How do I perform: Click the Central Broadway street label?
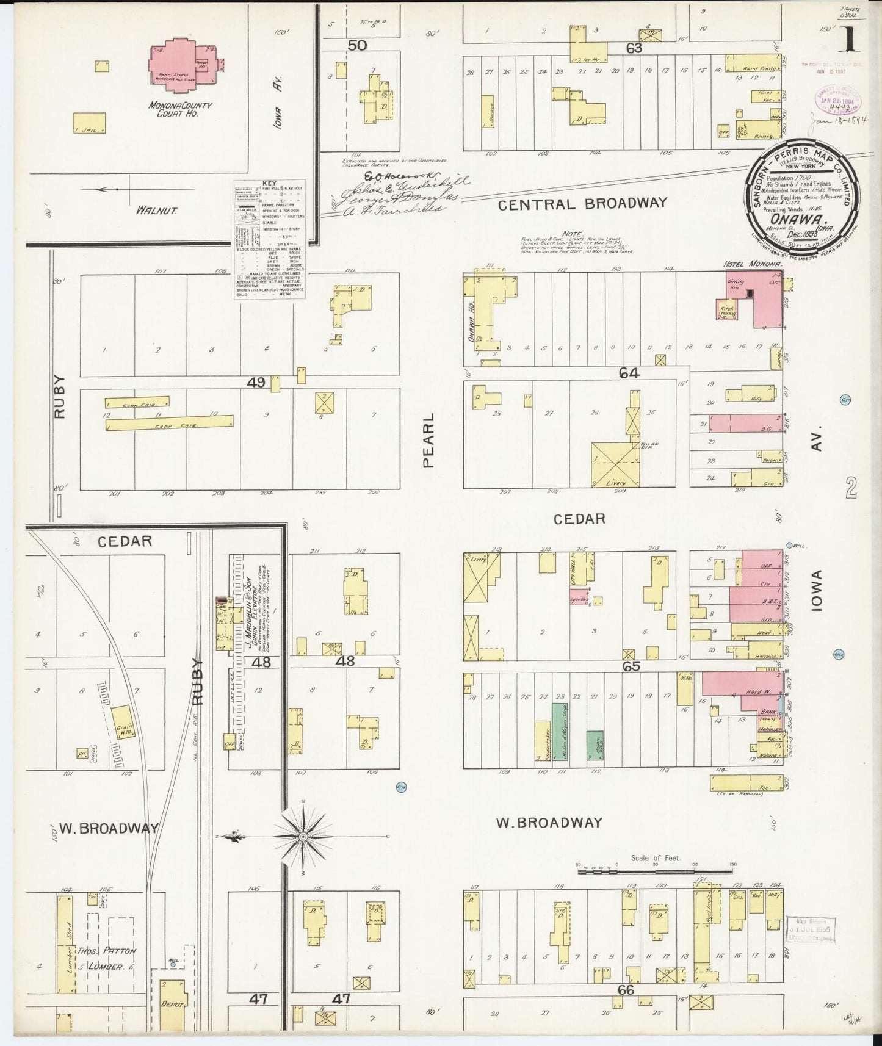[x=582, y=204]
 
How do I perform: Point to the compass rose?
[x=303, y=835]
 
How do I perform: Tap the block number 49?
[x=256, y=382]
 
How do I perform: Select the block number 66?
[x=626, y=990]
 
